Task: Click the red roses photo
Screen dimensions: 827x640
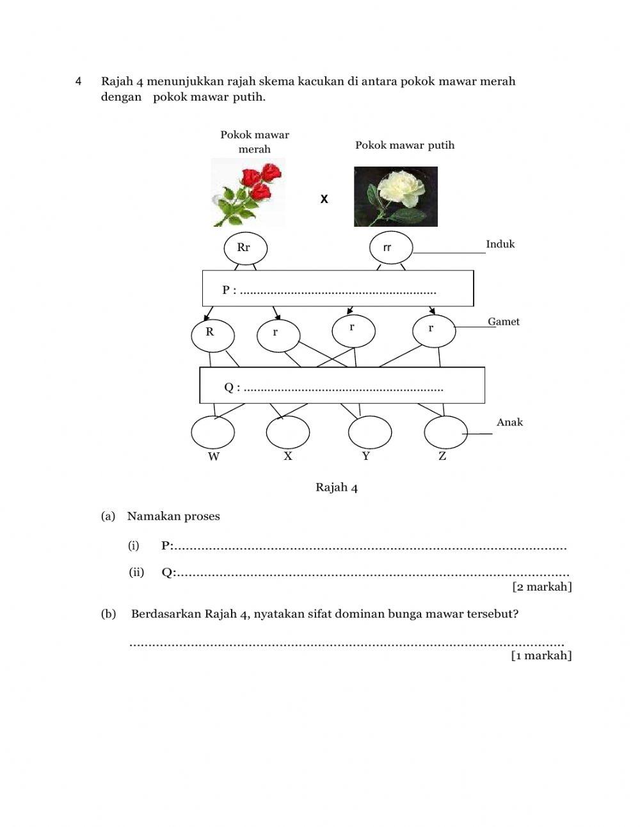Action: [x=250, y=193]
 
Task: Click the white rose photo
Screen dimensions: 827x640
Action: [x=396, y=197]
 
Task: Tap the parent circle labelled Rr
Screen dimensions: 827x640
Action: [x=245, y=248]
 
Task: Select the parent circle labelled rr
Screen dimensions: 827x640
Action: [x=391, y=248]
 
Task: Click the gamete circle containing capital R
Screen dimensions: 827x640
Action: [x=212, y=334]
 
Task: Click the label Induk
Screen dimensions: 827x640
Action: [x=500, y=244]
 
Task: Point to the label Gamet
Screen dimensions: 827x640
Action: [x=504, y=322]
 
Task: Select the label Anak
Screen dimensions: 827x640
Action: [x=509, y=422]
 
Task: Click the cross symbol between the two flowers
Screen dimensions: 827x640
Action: [x=324, y=200]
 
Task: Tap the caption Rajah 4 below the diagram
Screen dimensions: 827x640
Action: [x=337, y=488]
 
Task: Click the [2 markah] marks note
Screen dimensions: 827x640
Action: [x=541, y=587]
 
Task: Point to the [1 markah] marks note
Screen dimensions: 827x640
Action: [x=541, y=655]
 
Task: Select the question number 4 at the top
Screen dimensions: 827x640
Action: [x=78, y=81]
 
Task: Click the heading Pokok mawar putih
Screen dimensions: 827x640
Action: [x=404, y=145]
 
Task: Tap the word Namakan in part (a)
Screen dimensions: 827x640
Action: [x=154, y=516]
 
